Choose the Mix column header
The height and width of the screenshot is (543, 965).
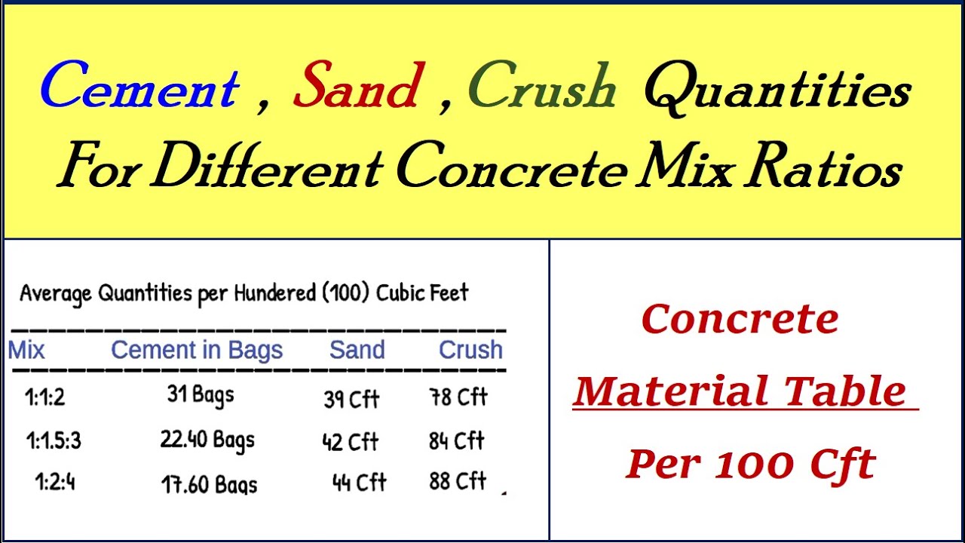26,350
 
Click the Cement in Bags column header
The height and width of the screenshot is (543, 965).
197,350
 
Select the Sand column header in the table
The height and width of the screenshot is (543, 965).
357,350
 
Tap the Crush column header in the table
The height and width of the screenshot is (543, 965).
470,350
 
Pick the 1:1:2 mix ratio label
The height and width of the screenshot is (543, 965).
45,397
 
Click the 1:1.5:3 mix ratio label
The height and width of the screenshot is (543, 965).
53,440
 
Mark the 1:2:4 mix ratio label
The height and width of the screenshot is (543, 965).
55,482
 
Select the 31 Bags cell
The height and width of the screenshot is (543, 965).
201,395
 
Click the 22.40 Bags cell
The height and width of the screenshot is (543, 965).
207,440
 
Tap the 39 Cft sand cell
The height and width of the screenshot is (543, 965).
351,399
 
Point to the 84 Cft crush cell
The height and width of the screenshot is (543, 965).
457,441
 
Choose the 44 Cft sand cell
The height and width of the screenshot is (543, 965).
360,482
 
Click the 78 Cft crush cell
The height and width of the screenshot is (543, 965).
458,397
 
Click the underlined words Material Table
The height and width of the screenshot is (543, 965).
740,391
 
